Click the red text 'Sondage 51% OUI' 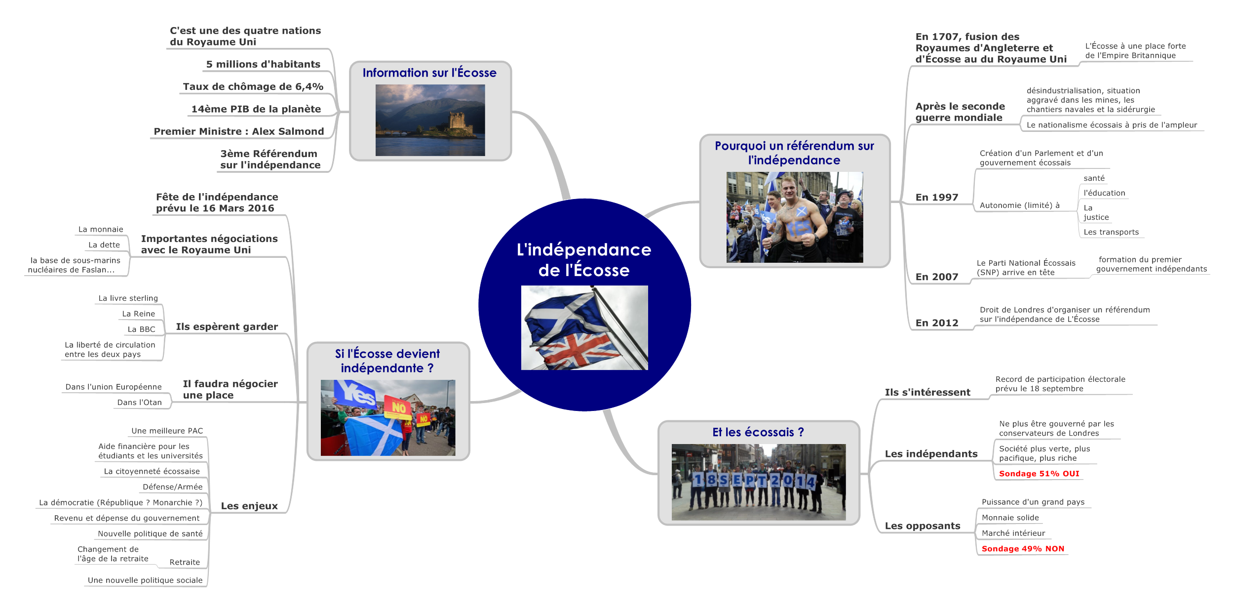1039,474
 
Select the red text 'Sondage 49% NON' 1023,549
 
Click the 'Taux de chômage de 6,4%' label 253,87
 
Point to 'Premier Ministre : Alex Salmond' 239,131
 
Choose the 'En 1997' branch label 936,198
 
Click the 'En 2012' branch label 936,323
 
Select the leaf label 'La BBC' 141,329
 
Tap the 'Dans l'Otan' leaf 139,403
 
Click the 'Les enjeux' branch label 249,506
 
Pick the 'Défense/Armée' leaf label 172,487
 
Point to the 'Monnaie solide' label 1010,518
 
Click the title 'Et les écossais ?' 758,433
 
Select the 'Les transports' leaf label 1111,232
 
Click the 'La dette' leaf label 104,245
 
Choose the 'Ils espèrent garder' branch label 227,327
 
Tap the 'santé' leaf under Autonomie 1094,178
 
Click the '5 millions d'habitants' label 263,65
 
